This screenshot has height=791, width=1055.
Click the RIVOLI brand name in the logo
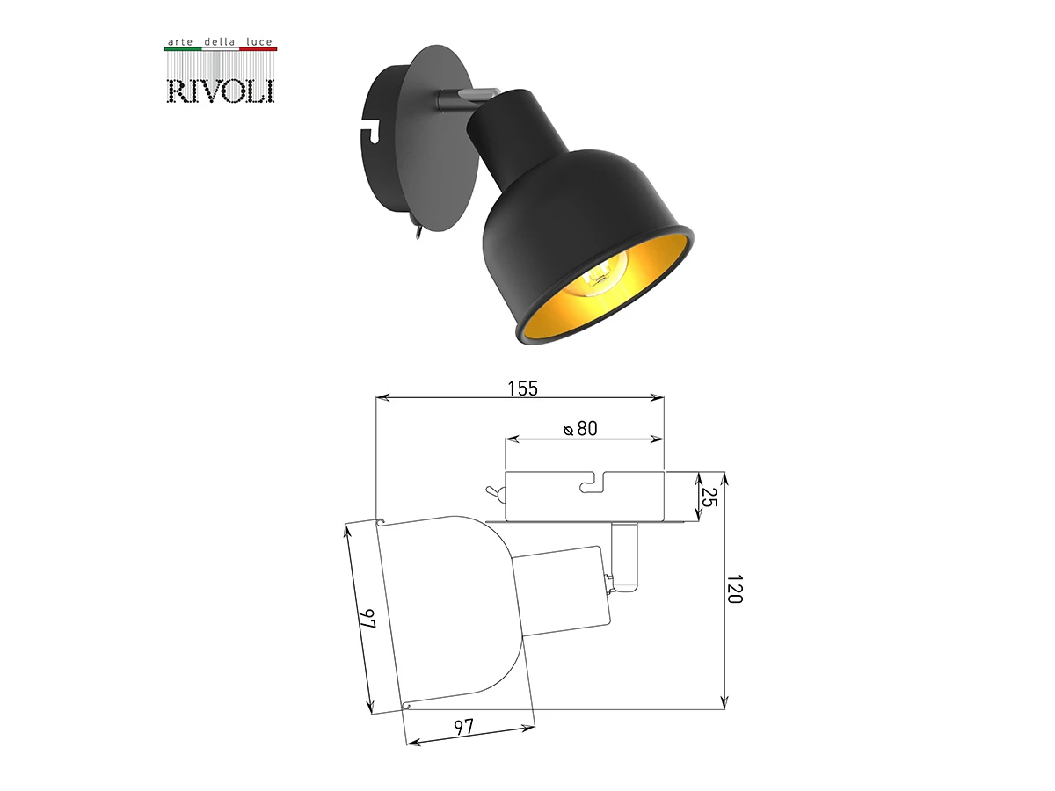[x=221, y=91]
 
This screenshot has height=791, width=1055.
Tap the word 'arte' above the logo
[x=180, y=42]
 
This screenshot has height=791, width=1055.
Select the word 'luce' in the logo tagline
[x=259, y=42]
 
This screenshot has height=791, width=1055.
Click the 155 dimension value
[x=522, y=388]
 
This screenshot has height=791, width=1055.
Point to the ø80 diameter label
[x=580, y=428]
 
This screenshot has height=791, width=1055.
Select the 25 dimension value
[x=709, y=497]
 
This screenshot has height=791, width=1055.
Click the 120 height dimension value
[x=735, y=589]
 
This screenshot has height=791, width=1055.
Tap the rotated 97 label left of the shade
[x=367, y=619]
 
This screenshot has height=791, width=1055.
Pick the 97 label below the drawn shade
[x=464, y=727]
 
